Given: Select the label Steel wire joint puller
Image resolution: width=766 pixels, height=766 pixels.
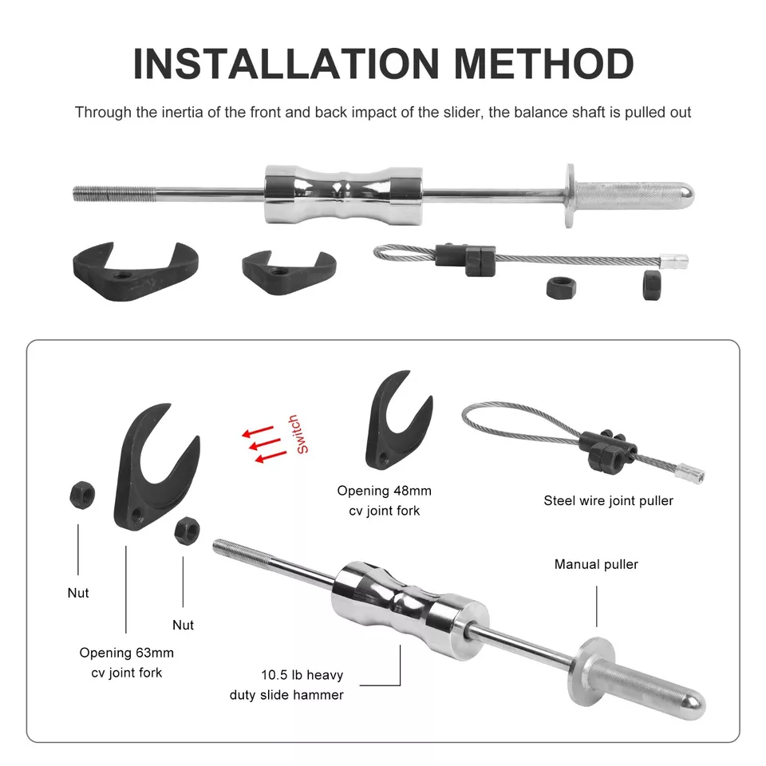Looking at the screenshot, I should [608, 501].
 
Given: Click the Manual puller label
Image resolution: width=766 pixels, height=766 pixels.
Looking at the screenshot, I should [596, 564].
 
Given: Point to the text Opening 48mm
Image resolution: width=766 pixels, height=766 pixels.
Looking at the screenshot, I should [384, 491].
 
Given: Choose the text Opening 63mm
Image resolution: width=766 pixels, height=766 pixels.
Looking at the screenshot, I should [126, 653].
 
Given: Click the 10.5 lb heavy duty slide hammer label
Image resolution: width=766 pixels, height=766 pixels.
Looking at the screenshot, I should [286, 684].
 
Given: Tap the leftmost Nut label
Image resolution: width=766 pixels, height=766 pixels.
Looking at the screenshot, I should [78, 593].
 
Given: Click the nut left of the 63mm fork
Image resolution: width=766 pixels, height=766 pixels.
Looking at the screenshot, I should [82, 497].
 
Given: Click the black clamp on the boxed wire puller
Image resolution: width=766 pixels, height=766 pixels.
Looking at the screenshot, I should [607, 450].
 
